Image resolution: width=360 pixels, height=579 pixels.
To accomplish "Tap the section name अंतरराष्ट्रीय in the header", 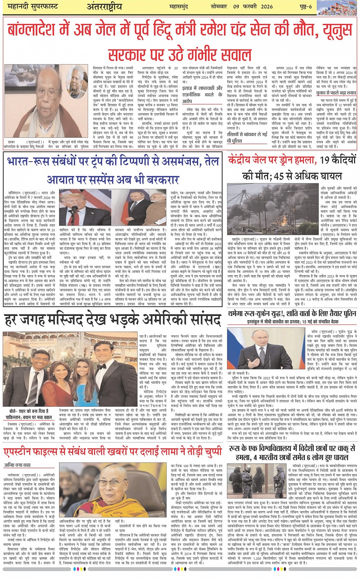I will click(x=104, y=7).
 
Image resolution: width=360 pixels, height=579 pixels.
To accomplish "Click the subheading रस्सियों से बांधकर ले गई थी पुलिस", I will click(x=247, y=137).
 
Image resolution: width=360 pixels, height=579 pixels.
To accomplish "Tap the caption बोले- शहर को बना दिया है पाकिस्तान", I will click(x=29, y=414).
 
